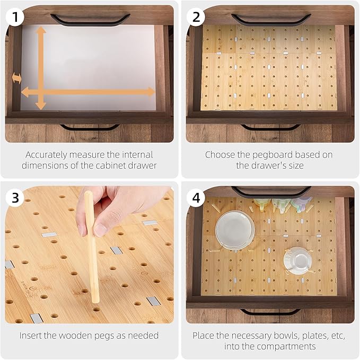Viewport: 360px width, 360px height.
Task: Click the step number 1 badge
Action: coord(15,17)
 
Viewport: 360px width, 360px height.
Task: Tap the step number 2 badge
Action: coord(196,17)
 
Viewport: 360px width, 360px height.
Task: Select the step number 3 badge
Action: coord(15,197)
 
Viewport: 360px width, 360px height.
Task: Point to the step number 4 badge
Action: coord(196,197)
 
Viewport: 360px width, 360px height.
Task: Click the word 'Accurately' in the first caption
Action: coord(46,155)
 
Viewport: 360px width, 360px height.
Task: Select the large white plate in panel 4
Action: coord(235,229)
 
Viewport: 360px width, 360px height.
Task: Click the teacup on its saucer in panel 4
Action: coord(298,260)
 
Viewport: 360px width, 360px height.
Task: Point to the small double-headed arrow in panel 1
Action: coord(16,78)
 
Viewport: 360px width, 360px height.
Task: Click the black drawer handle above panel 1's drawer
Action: coord(90,19)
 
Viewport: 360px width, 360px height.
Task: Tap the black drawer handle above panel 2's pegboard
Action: coord(271,19)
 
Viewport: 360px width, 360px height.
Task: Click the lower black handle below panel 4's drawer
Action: coord(270,312)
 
